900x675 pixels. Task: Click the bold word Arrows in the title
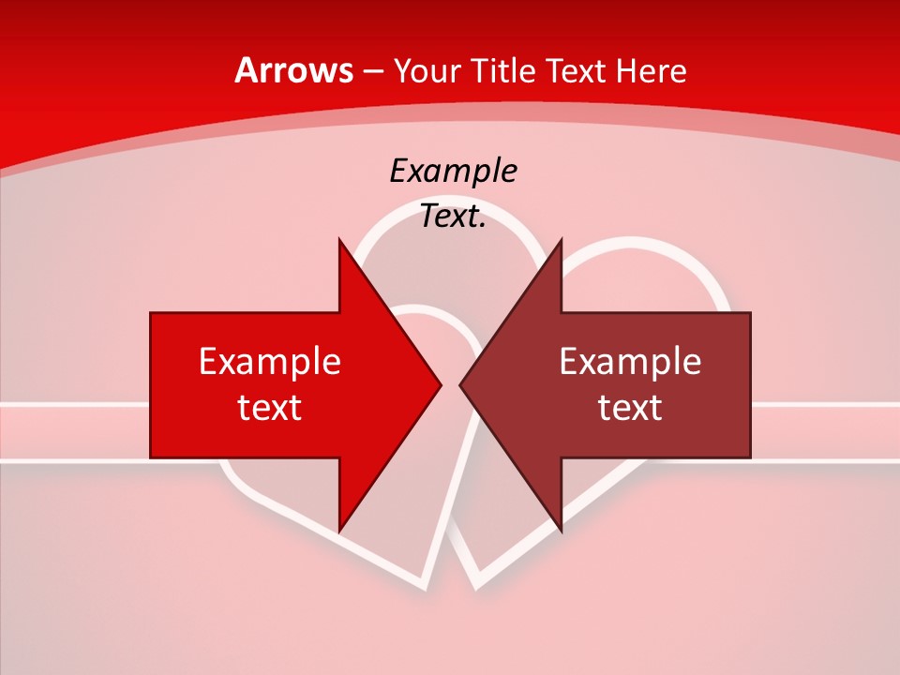click(x=294, y=71)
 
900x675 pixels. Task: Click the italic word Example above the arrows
click(x=453, y=172)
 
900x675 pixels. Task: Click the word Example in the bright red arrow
click(x=270, y=362)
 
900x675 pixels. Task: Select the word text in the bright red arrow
click(x=270, y=408)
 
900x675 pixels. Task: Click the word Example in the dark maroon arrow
click(x=630, y=362)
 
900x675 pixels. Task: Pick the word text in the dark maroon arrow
click(x=630, y=408)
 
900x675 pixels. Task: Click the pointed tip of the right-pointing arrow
click(x=441, y=384)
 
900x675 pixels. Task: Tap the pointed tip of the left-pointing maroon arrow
click(x=460, y=384)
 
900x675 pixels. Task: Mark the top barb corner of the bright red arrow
click(x=339, y=239)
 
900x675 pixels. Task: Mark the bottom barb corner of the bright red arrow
click(x=339, y=531)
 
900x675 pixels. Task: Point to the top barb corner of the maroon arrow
click(x=561, y=239)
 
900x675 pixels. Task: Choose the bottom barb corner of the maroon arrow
click(x=561, y=531)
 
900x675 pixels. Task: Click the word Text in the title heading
click(x=576, y=71)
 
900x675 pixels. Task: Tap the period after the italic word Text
click(x=483, y=227)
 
